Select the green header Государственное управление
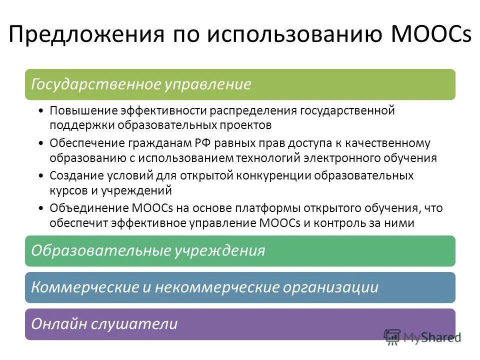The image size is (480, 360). tap(240, 84)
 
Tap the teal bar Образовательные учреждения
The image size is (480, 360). tap(240, 250)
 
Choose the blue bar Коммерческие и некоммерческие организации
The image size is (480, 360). tap(240, 287)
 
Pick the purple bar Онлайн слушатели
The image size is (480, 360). tap(240, 324)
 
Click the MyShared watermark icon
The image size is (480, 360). tap(392, 337)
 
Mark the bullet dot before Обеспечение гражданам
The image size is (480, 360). tap(40, 144)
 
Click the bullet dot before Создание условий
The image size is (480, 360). tap(40, 176)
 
